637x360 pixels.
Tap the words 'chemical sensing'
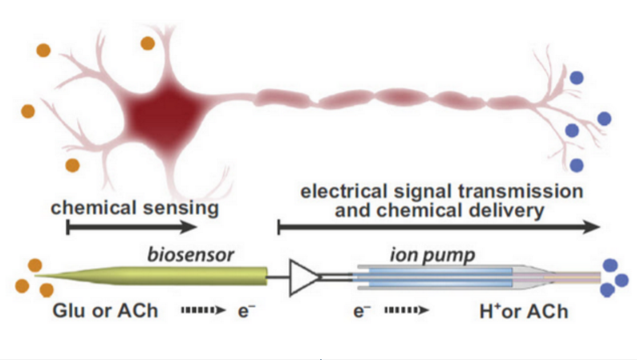[135, 208]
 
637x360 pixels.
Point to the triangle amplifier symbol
[305, 277]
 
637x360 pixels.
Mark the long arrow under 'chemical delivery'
[438, 228]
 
